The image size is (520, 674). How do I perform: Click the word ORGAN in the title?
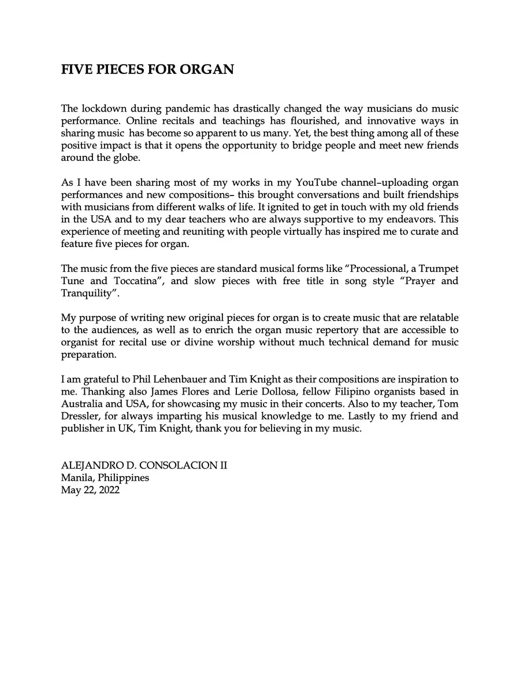pos(207,70)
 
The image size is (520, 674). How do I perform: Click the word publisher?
pos(83,428)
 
